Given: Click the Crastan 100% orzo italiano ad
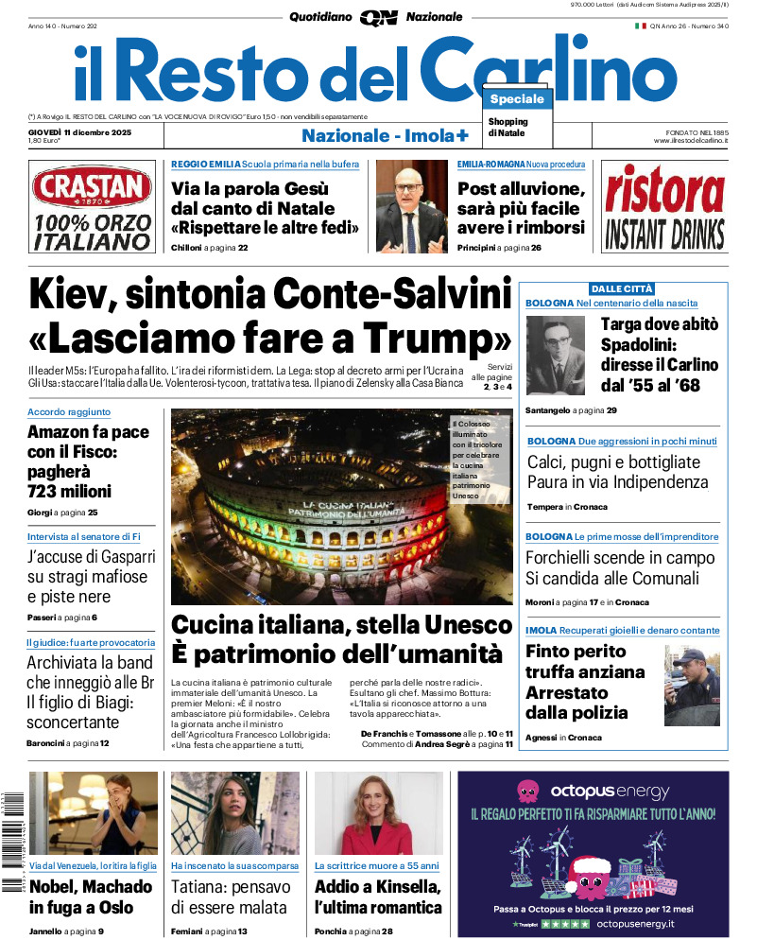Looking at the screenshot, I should (x=91, y=206).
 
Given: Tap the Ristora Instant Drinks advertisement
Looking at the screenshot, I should (x=663, y=206).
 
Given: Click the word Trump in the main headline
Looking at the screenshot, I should (x=431, y=338).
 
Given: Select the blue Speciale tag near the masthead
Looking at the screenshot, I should (x=517, y=99).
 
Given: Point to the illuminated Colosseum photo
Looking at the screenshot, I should (x=341, y=506).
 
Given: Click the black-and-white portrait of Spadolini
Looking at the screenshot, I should (x=556, y=355).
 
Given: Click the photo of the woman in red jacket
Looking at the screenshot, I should (x=378, y=813).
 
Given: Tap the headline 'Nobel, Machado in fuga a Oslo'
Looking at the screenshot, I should (x=91, y=896).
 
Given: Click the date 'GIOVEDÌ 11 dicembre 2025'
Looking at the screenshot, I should (x=80, y=131).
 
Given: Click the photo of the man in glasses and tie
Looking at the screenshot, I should (x=411, y=205).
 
